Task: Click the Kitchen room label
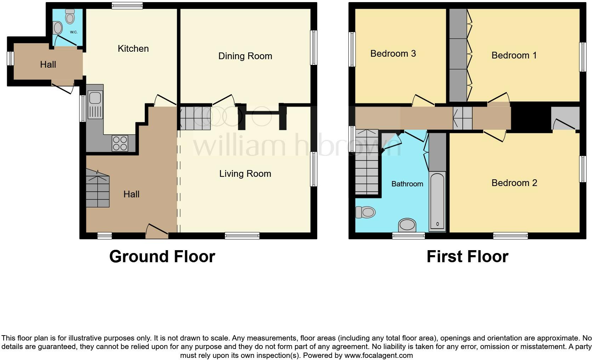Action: click(x=133, y=49)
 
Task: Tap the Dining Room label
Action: click(x=245, y=56)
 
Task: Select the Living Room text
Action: click(x=245, y=174)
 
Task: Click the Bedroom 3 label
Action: click(x=393, y=54)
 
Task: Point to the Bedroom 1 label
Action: click(x=514, y=55)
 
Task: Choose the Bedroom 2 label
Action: click(x=514, y=183)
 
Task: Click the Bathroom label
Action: click(x=407, y=184)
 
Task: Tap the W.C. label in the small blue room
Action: click(x=74, y=32)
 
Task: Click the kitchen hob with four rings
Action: click(x=120, y=143)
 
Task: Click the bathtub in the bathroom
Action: click(x=437, y=201)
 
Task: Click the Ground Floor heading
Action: click(x=162, y=257)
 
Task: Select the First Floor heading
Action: click(x=467, y=257)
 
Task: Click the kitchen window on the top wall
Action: click(x=127, y=5)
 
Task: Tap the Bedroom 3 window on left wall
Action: click(x=352, y=49)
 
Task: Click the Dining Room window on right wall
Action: click(x=313, y=47)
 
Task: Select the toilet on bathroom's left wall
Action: click(x=365, y=212)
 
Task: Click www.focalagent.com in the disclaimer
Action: click(x=378, y=355)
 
